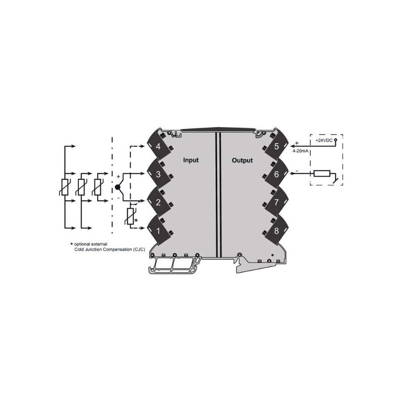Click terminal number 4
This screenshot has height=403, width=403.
click(x=158, y=146)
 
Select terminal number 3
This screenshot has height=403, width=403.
click(x=158, y=174)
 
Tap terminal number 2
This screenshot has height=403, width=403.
click(x=158, y=202)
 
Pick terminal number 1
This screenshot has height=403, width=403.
click(x=159, y=231)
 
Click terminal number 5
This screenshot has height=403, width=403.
click(x=276, y=146)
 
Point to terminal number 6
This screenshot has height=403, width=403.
click(x=276, y=174)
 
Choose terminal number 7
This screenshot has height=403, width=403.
click(x=276, y=202)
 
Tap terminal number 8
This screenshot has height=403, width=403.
click(x=276, y=231)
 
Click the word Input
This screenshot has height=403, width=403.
click(x=191, y=160)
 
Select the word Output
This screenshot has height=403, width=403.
click(x=242, y=160)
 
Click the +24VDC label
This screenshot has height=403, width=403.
click(x=324, y=141)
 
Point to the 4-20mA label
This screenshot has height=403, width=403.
click(x=300, y=151)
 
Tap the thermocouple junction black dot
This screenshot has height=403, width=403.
click(x=117, y=187)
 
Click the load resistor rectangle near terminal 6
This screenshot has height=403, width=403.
click(x=322, y=173)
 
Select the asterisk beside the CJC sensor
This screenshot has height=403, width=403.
click(x=136, y=220)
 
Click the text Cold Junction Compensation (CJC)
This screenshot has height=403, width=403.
click(x=110, y=249)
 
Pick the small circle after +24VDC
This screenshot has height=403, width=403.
click(x=335, y=140)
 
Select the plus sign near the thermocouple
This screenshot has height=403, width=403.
click(x=118, y=177)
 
